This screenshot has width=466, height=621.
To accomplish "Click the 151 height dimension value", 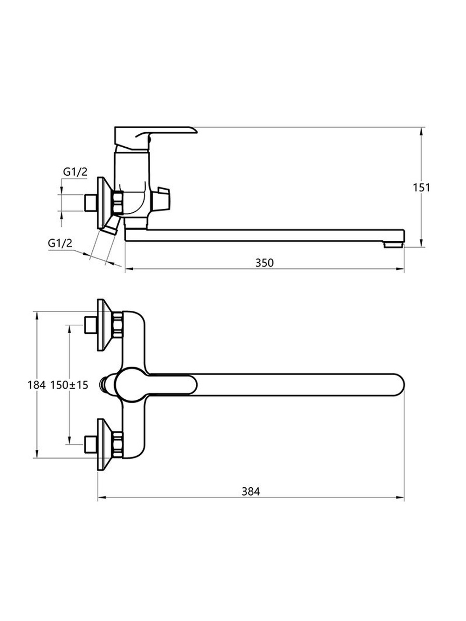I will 421,188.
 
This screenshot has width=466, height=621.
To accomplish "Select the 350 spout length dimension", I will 264,263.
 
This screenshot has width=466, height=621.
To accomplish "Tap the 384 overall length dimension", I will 251,491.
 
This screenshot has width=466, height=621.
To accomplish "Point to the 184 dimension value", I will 36,385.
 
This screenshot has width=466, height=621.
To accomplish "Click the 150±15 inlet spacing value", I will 69,385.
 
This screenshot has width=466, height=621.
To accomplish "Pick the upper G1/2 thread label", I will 75,172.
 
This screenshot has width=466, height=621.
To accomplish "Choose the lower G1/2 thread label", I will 60,243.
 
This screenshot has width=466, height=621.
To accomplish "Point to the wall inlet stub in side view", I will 89,203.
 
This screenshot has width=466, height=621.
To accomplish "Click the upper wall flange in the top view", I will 104,325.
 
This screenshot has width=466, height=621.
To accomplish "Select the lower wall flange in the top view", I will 104,444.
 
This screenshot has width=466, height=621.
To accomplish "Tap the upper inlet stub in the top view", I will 89,325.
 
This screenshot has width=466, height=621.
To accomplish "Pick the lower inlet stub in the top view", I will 89,444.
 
